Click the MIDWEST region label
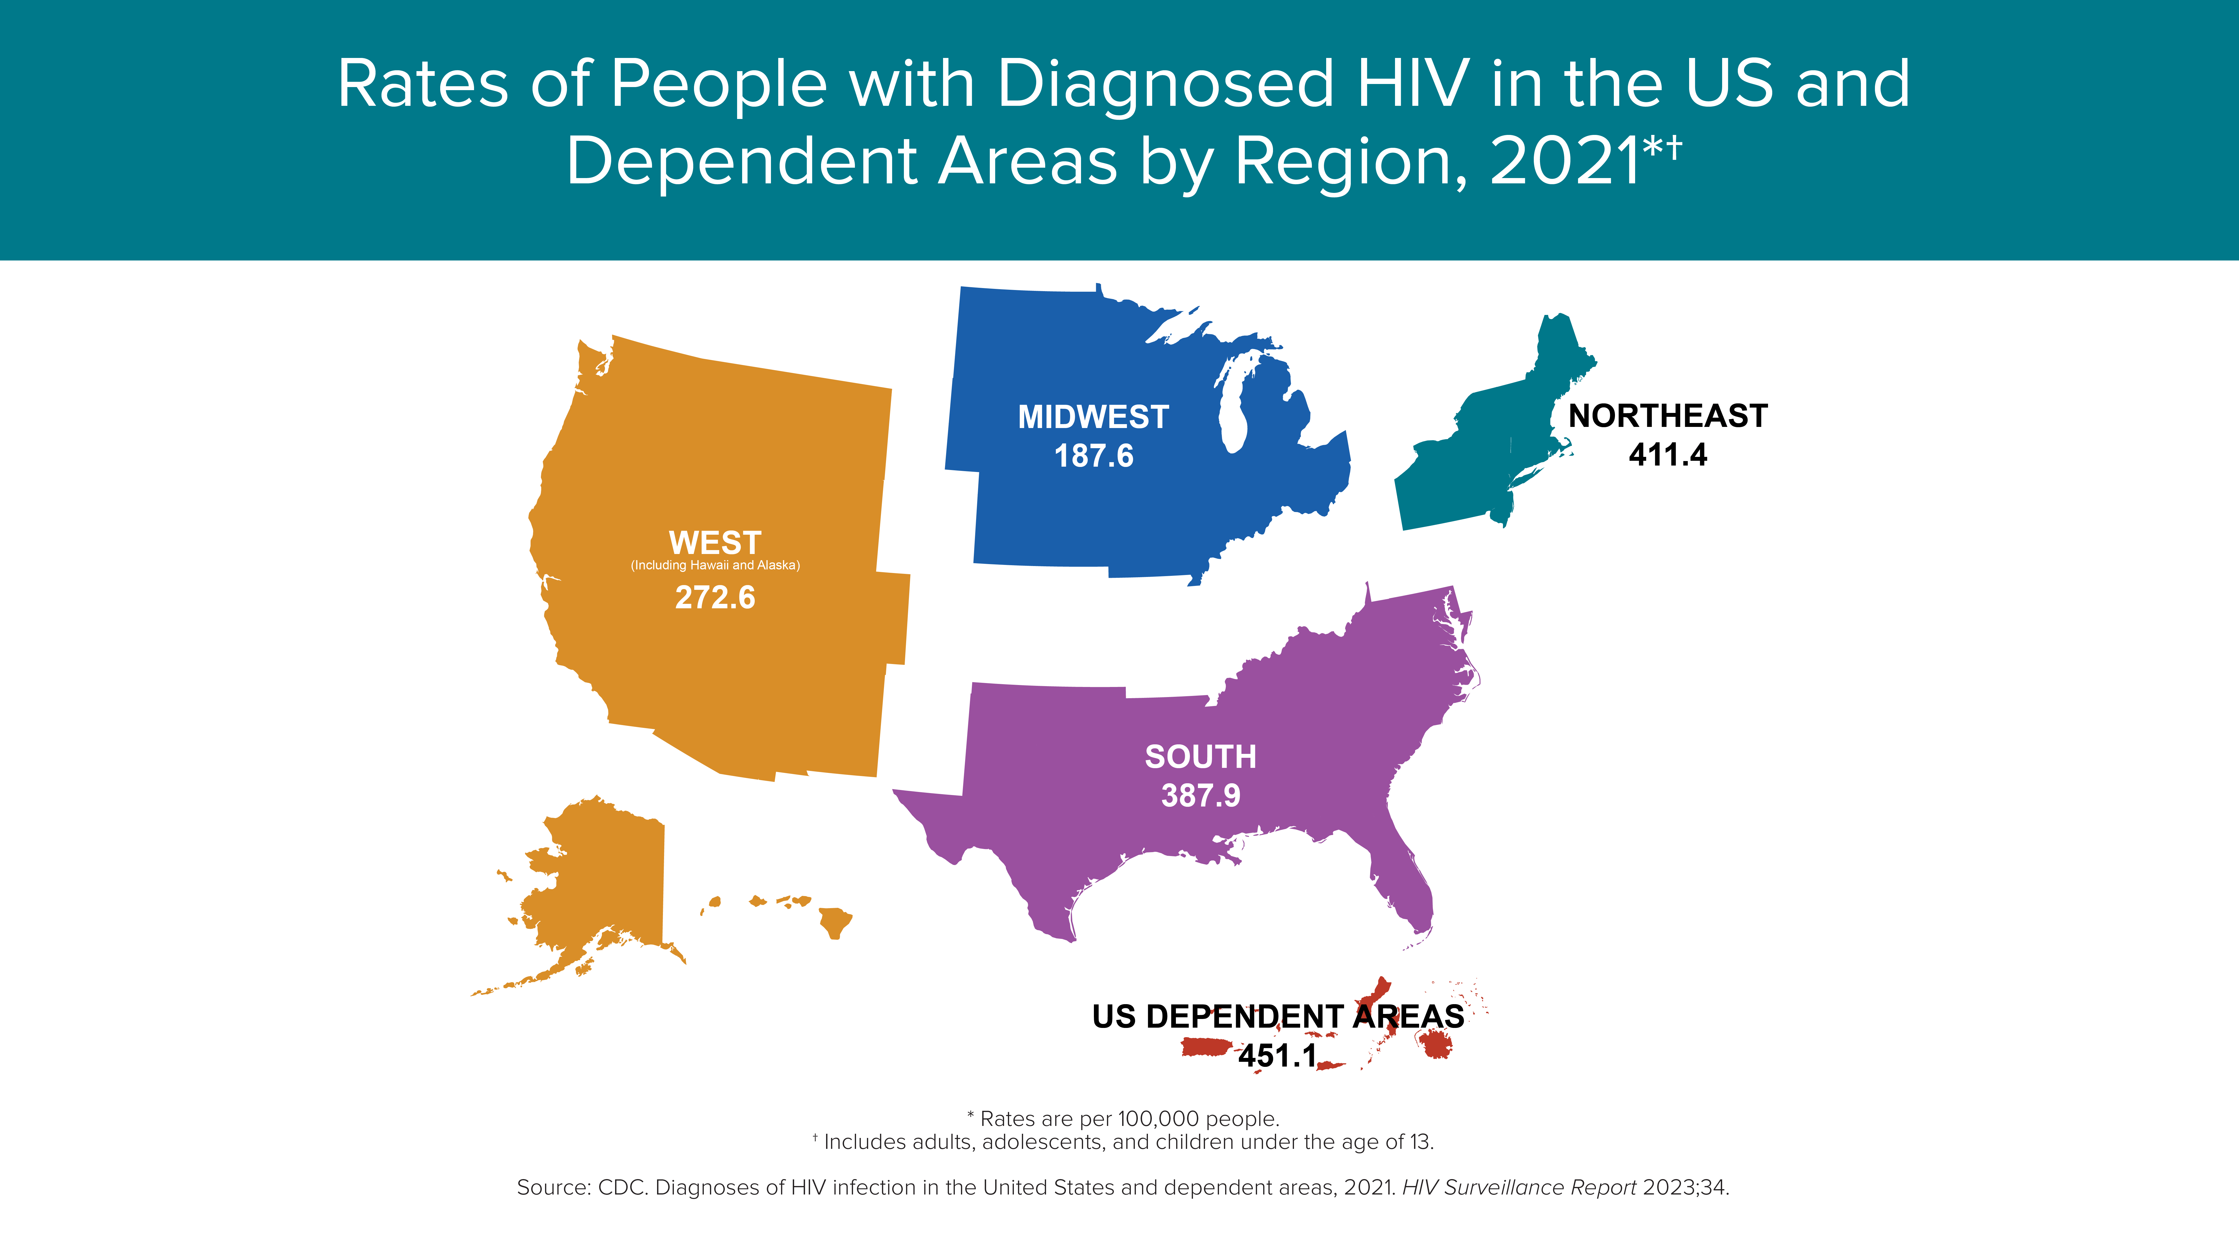[1093, 417]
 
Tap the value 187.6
[1093, 456]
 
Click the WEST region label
[715, 543]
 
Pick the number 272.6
[715, 597]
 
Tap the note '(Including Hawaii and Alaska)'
[715, 565]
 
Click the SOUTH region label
[1200, 756]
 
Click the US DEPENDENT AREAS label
[1278, 1016]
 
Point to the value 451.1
[1278, 1056]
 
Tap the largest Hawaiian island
[835, 923]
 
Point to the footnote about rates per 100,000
[1123, 1119]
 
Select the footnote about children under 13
[1123, 1142]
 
